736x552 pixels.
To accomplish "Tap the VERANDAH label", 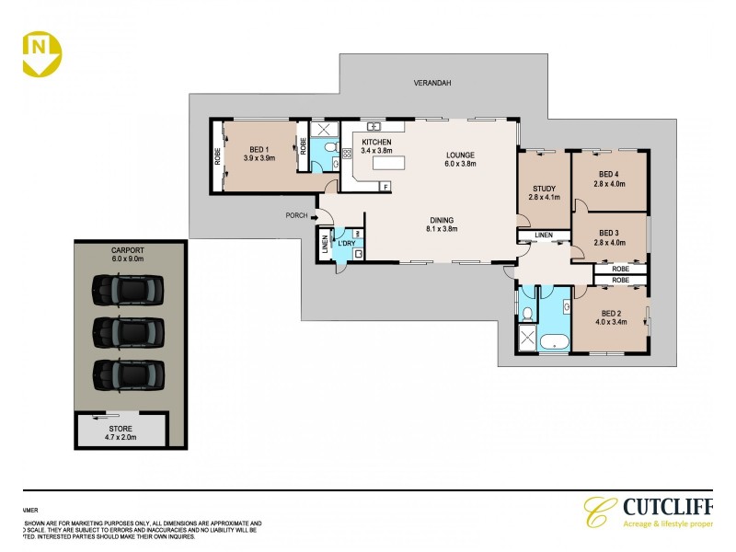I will [x=431, y=83].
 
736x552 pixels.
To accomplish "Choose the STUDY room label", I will [x=544, y=190].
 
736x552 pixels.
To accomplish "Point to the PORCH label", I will [x=296, y=217].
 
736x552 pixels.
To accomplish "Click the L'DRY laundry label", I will [x=346, y=242].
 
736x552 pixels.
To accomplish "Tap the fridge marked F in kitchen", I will [x=385, y=187].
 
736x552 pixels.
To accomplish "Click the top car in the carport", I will [x=128, y=292].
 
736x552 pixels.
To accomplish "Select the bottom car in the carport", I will [x=128, y=374].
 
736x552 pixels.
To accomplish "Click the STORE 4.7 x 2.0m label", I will [x=121, y=433].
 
